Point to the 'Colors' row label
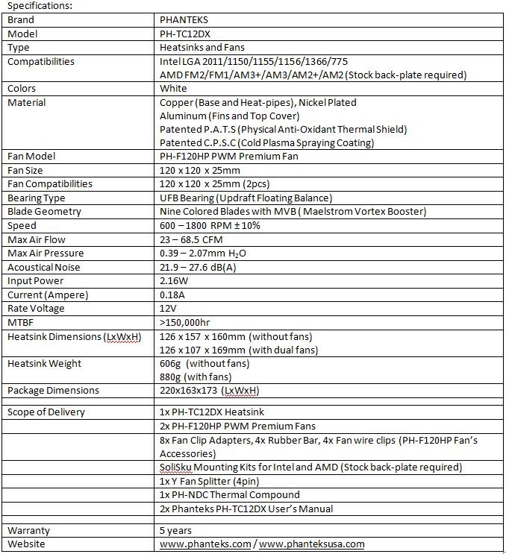(22, 88)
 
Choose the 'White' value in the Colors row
(174, 88)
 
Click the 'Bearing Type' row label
(37, 198)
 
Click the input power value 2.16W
(175, 280)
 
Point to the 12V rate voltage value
(168, 308)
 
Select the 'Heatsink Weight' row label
(44, 363)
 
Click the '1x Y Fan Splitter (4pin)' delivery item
(216, 481)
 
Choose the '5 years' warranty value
(175, 530)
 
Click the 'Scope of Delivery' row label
(46, 412)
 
